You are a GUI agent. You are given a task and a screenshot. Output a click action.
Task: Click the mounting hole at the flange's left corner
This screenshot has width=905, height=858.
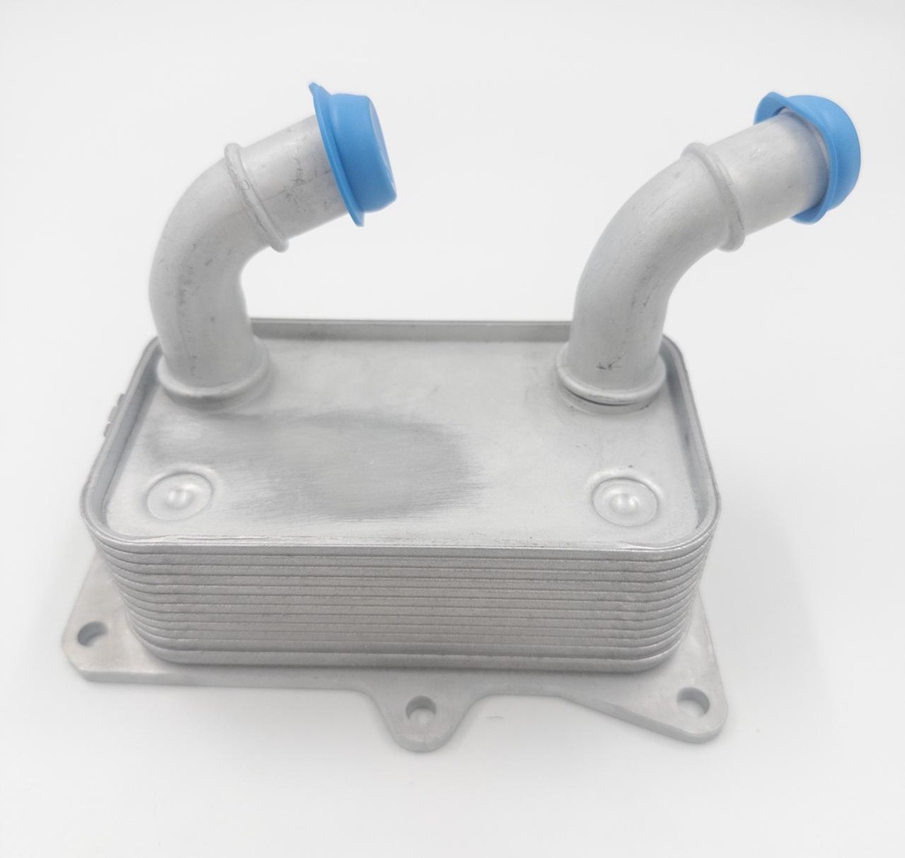coord(90,633)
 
